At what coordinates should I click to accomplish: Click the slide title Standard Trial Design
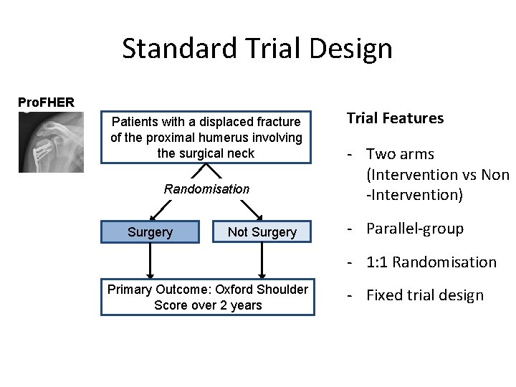[x=257, y=49]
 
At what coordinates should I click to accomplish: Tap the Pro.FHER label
[x=46, y=102]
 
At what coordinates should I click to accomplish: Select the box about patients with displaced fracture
[x=206, y=138]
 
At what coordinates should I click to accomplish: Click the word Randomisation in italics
[x=206, y=189]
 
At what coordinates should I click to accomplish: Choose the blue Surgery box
[x=150, y=232]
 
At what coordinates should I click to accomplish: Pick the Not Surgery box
[x=262, y=232]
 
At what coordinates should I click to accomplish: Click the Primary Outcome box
[x=207, y=297]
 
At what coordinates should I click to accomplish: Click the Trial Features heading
[x=395, y=118]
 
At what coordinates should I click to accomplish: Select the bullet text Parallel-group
[x=414, y=229]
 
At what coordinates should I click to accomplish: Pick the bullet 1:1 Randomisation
[x=431, y=262]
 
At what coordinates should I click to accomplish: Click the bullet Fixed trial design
[x=424, y=295]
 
